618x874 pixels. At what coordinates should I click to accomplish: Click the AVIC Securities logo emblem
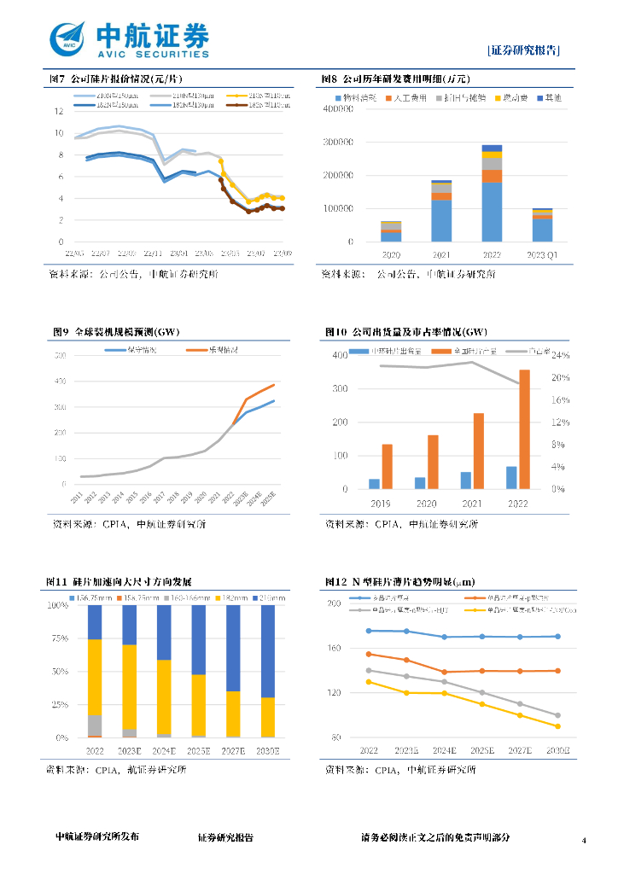pyautogui.click(x=68, y=39)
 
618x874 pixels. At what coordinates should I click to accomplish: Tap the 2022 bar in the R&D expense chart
pyautogui.click(x=492, y=194)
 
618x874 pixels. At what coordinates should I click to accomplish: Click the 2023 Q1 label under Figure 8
pyautogui.click(x=542, y=255)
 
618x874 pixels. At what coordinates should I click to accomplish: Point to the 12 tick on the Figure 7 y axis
pyautogui.click(x=59, y=112)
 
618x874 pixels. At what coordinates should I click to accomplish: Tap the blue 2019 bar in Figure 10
pyautogui.click(x=374, y=484)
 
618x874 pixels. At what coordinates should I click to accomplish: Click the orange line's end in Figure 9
pyautogui.click(x=274, y=385)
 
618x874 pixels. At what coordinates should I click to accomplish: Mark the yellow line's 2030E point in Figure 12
pyautogui.click(x=558, y=726)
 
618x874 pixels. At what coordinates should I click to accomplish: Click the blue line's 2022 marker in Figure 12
pyautogui.click(x=369, y=631)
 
